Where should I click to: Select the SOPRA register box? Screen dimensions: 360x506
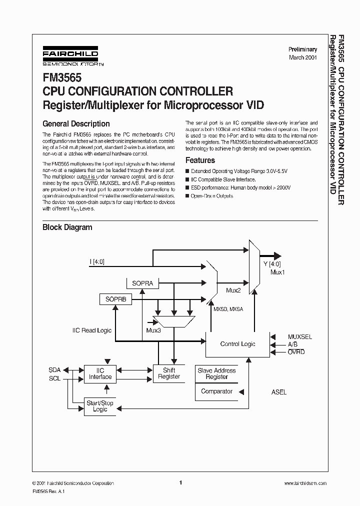[142, 283]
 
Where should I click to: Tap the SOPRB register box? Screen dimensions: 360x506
[115, 299]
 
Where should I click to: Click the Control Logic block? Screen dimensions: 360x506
[237, 344]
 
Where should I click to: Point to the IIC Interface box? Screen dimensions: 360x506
[100, 373]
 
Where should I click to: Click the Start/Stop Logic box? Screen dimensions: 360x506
[100, 406]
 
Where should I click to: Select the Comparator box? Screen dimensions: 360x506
[216, 391]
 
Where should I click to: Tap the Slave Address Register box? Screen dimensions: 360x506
[216, 373]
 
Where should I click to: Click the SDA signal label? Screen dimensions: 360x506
[54, 370]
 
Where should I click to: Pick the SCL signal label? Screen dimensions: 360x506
[54, 378]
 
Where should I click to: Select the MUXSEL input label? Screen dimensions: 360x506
[299, 337]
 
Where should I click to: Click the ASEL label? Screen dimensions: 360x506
[279, 392]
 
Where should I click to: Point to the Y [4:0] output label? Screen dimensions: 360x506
[272, 264]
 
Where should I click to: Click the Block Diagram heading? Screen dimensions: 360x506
[67, 227]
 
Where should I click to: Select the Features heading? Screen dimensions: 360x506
[200, 160]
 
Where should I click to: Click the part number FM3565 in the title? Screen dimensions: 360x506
[58, 78]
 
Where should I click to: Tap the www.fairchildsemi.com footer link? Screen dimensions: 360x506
[305, 483]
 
